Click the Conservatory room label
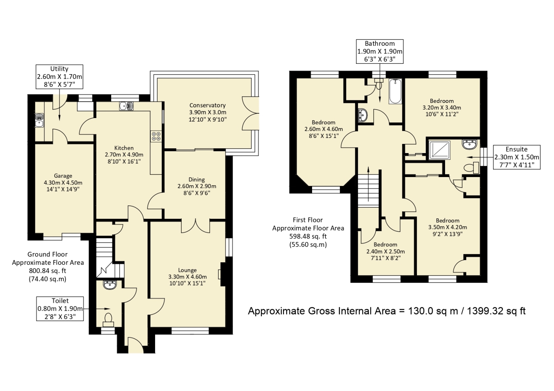(x=208, y=105)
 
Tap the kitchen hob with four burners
(x=155, y=136)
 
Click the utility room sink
(x=39, y=120)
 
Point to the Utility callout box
(x=59, y=77)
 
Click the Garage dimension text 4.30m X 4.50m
(x=63, y=183)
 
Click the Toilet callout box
(x=60, y=309)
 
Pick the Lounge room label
(x=187, y=270)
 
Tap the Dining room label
(x=196, y=180)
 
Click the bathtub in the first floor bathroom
(x=395, y=91)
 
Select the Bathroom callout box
(x=380, y=52)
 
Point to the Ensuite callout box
(x=516, y=157)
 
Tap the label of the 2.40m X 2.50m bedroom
(x=385, y=245)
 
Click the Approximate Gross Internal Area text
(x=386, y=311)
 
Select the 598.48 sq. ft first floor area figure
(x=308, y=236)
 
